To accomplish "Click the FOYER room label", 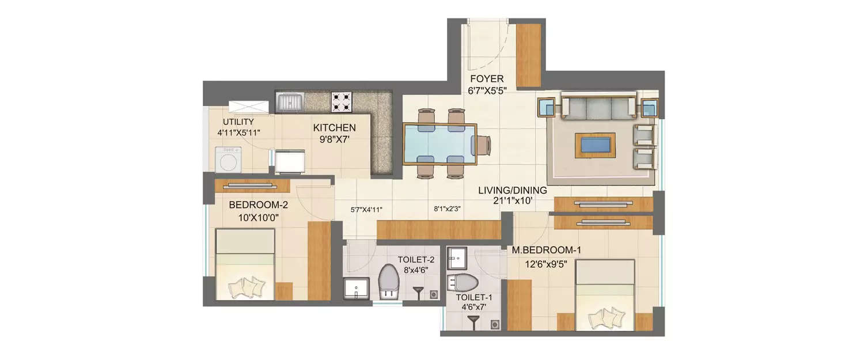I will [487, 79].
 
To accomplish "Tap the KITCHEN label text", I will [334, 128].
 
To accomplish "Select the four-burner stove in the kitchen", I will [341, 102].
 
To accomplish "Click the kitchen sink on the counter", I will [291, 103].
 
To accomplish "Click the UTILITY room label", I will [238, 122].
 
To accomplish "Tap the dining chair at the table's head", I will [483, 144].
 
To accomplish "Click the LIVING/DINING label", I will [513, 190].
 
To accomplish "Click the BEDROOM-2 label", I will [258, 205].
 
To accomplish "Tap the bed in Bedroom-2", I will [245, 264].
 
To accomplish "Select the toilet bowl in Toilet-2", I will [390, 281].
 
